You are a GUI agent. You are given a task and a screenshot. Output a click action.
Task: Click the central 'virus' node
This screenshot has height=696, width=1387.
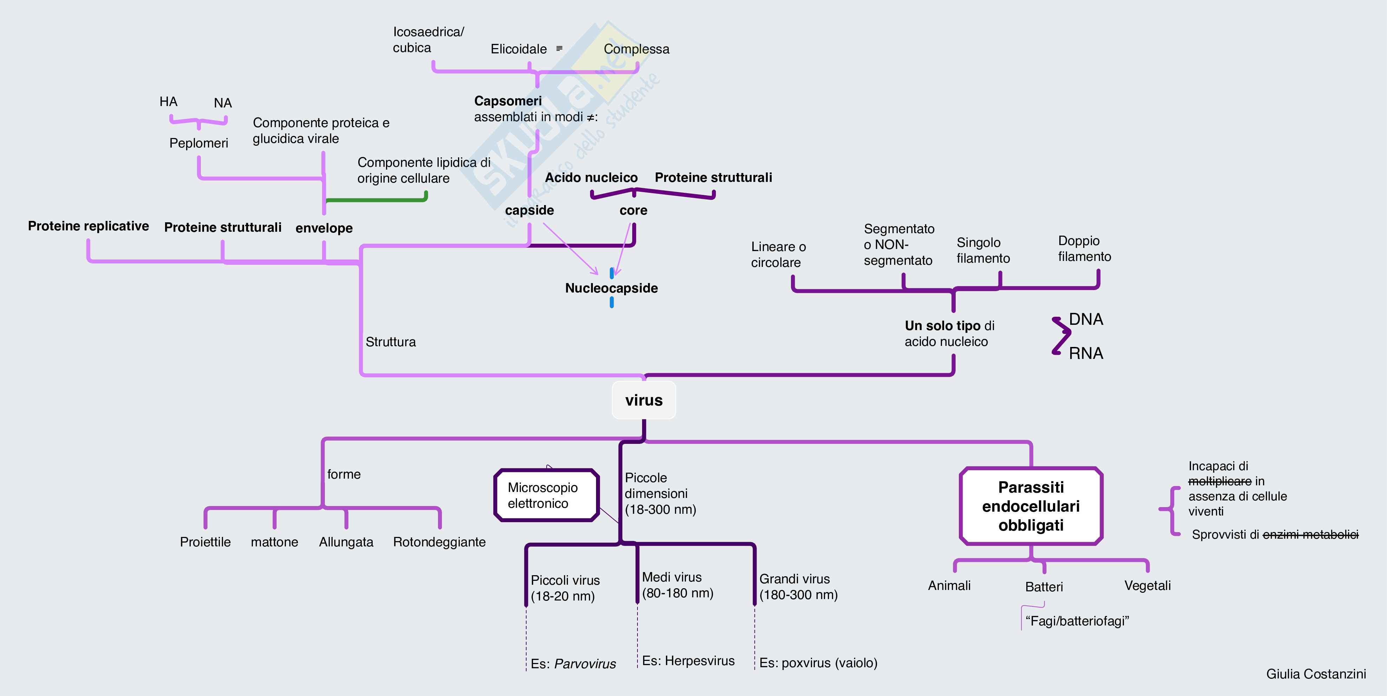[x=643, y=400]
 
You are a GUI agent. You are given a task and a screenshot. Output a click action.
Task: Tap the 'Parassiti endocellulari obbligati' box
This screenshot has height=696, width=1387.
[x=1031, y=506]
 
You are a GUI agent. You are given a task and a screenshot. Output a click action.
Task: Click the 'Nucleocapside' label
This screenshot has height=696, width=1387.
[x=611, y=288]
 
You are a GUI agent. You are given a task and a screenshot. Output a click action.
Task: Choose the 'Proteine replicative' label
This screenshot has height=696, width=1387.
[x=88, y=226]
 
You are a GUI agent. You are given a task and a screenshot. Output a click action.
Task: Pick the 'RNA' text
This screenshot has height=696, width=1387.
[x=1086, y=354]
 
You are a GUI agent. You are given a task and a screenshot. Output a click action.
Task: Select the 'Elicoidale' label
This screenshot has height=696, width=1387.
[x=518, y=49]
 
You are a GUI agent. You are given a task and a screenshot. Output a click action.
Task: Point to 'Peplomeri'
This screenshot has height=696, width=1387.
[x=199, y=143]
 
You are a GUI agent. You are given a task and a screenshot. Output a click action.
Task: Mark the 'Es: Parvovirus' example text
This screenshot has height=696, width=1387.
[x=573, y=664]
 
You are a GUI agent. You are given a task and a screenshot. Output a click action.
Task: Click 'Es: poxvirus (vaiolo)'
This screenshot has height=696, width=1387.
[x=818, y=663]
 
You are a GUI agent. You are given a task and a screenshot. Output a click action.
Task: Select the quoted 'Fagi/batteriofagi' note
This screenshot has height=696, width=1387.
[x=1077, y=621]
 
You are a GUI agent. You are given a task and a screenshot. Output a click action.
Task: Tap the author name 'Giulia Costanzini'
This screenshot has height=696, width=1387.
[x=1315, y=674]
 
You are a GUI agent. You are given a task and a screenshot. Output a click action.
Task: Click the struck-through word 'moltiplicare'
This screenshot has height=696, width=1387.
[x=1219, y=481]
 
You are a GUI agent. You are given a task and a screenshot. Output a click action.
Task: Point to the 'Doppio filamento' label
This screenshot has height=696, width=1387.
[x=1084, y=249]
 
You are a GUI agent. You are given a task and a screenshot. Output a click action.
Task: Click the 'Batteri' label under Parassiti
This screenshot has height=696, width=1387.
[x=1043, y=587]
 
